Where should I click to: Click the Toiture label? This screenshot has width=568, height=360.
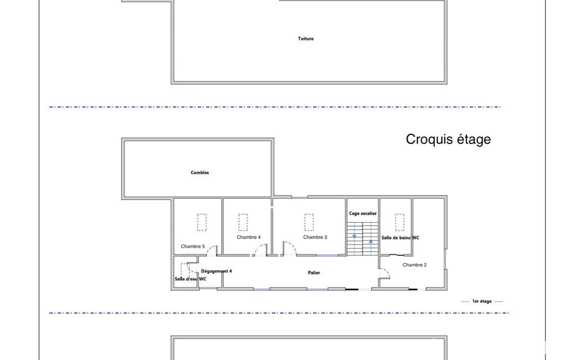click(306, 39)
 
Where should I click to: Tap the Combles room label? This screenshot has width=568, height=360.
click(199, 173)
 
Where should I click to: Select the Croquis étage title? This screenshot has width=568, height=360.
click(448, 140)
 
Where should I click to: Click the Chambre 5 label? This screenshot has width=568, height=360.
click(193, 246)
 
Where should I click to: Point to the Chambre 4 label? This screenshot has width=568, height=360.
click(248, 237)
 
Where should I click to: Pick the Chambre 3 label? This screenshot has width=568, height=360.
click(315, 237)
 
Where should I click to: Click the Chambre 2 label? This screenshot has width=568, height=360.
click(415, 265)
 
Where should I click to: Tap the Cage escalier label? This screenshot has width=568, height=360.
click(362, 214)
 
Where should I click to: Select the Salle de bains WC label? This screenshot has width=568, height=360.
click(400, 238)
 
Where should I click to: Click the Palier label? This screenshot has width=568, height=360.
click(314, 272)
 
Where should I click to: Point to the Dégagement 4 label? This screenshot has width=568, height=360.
click(216, 271)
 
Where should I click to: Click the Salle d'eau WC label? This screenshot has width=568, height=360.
click(191, 279)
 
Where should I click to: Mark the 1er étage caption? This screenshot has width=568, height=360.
click(482, 301)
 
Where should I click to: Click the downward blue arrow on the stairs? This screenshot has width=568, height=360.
click(354, 236)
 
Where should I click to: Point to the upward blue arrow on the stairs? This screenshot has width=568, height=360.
click(371, 241)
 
